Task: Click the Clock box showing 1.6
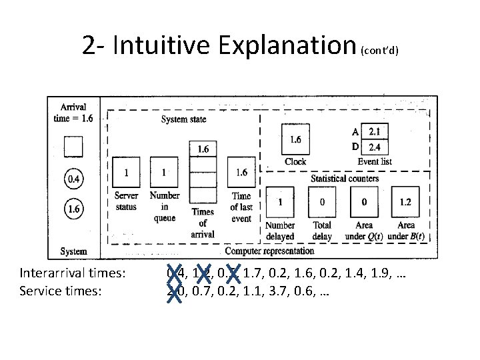[x=295, y=140]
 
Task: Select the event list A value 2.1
[x=374, y=131]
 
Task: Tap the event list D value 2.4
[x=374, y=147]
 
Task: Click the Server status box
[x=126, y=172]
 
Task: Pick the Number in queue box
[x=164, y=172]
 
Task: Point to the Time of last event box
[x=241, y=172]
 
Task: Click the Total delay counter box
[x=322, y=201]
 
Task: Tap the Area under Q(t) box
[x=363, y=201]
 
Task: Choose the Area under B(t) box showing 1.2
[x=405, y=201]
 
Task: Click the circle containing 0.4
[x=73, y=179]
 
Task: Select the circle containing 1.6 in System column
[x=73, y=209]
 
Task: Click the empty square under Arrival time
[x=73, y=146]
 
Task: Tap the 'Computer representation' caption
[x=269, y=251]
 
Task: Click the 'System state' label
[x=184, y=119]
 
